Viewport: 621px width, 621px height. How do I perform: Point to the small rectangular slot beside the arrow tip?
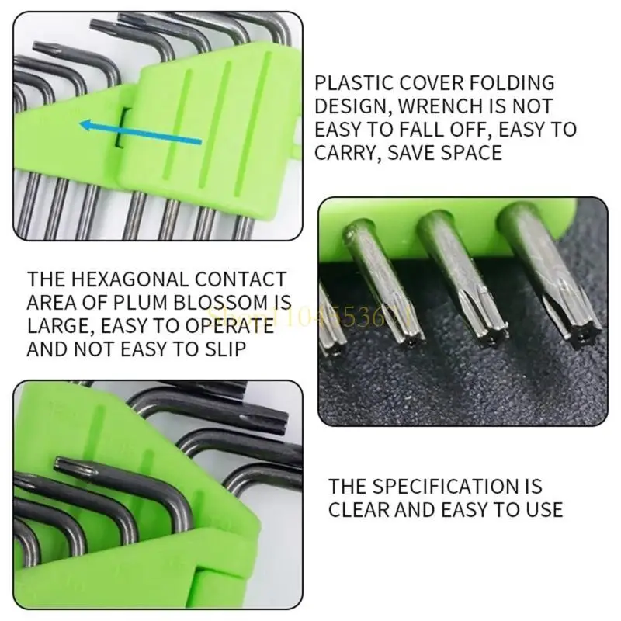(x=119, y=127)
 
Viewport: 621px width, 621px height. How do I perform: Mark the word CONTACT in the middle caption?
(x=241, y=279)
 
